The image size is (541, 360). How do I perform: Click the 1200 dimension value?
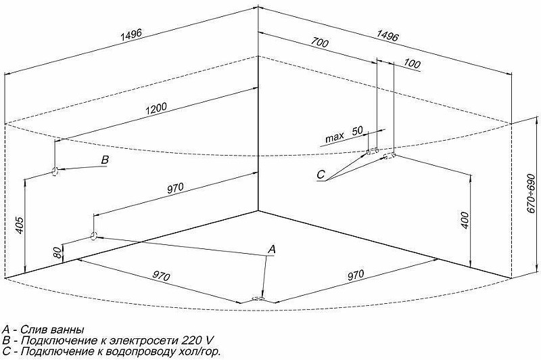(156, 108)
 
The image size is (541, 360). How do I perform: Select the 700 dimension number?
(319, 43)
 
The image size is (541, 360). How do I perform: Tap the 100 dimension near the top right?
(412, 64)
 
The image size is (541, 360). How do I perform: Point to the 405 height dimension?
(20, 225)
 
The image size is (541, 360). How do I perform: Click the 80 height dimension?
(57, 252)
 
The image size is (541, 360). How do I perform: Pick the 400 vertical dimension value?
(465, 220)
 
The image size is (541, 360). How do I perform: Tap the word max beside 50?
(335, 137)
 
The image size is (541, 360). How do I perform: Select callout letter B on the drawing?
(105, 160)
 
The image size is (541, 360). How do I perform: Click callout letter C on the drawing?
(321, 175)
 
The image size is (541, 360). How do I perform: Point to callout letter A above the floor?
(272, 249)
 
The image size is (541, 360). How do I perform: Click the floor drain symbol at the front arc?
(258, 299)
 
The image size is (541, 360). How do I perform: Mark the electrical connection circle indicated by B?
(55, 171)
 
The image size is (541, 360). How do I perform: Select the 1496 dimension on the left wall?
(131, 35)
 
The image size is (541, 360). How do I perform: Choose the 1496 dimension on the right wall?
(387, 35)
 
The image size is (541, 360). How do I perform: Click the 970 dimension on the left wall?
(176, 188)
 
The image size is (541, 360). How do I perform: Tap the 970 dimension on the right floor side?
(356, 275)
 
